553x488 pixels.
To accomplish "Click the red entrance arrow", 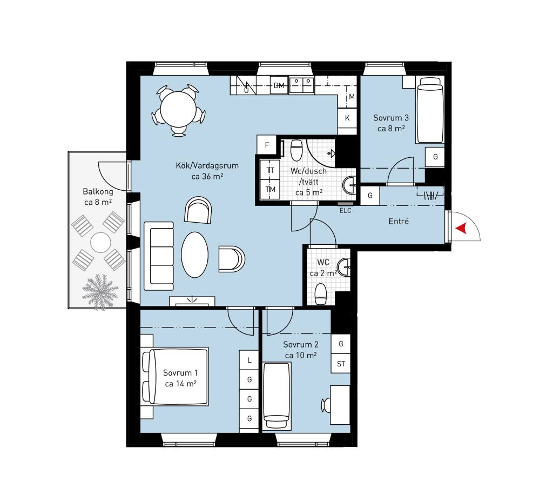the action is tap(462, 229).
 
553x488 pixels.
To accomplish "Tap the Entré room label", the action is tap(399, 221).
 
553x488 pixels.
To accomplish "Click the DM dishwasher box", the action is tap(279, 85).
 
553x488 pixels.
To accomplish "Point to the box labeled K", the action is tap(347, 118).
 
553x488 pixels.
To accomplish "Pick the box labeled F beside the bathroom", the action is tap(267, 145).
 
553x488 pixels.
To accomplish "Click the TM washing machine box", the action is tap(270, 190).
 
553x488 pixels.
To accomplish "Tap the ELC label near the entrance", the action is tap(345, 211).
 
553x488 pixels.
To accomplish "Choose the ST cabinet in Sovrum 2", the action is tap(341, 364).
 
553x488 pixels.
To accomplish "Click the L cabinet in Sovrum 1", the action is tap(249, 360).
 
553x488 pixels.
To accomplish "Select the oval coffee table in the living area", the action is tap(194, 255).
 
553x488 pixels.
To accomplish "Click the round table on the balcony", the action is tap(101, 243).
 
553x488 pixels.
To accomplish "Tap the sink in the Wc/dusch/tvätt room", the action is tap(350, 185).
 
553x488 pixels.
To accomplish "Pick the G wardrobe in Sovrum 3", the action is tap(435, 157).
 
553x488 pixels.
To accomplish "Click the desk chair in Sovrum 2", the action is tap(326, 405).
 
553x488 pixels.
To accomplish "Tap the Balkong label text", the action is tap(98, 192).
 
